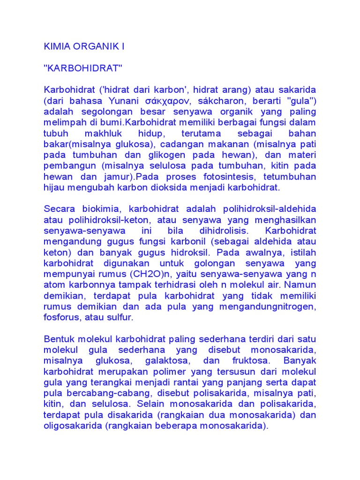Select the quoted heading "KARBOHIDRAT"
pos(82,68)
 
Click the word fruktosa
pos(251,360)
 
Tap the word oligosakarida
pos(73,425)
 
